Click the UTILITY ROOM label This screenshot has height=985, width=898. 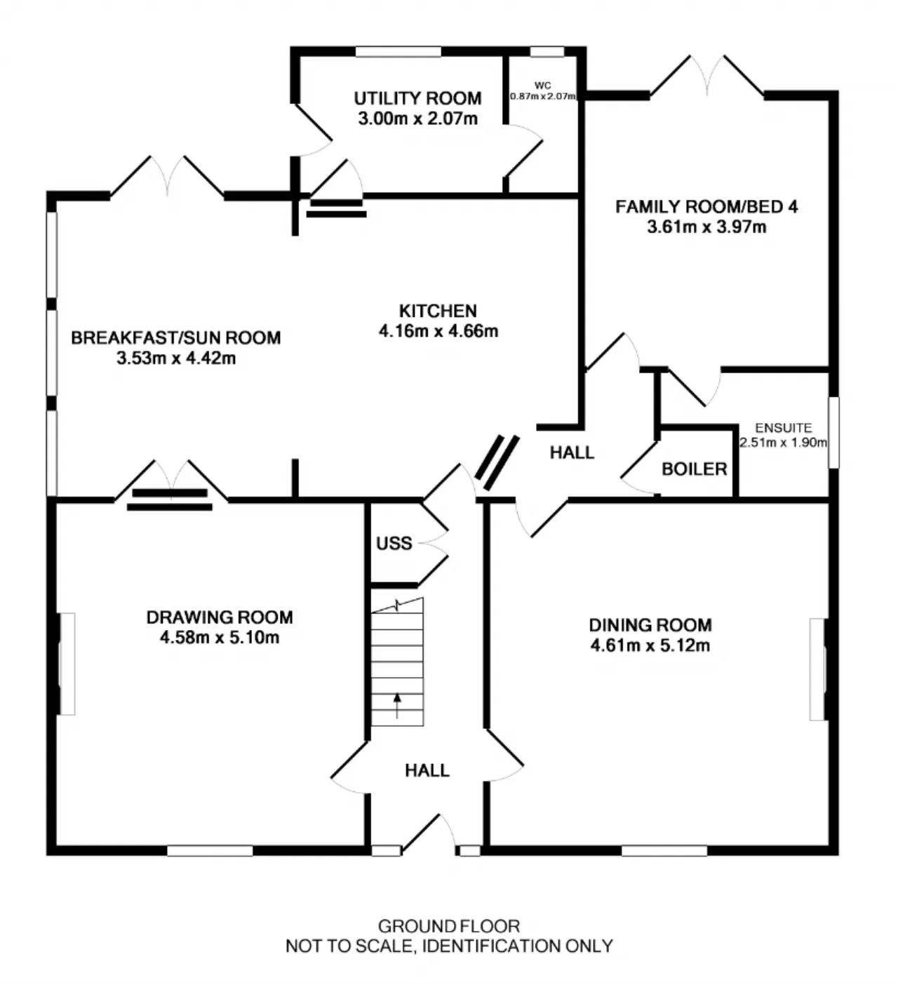click(417, 99)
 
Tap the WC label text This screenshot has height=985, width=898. click(542, 86)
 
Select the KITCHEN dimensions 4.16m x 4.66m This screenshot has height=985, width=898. click(438, 331)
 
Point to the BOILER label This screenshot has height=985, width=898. click(694, 469)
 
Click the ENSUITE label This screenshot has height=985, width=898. click(783, 428)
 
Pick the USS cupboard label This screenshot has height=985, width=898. click(394, 543)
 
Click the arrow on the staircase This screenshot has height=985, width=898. click(397, 706)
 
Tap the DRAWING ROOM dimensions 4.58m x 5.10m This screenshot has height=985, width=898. click(220, 638)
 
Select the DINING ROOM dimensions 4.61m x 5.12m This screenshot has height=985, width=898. click(650, 645)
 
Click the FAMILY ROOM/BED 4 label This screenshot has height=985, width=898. click(706, 207)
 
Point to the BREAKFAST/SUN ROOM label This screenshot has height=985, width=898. click(176, 338)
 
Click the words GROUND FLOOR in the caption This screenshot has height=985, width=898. click(449, 926)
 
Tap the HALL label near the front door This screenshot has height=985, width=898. click(427, 770)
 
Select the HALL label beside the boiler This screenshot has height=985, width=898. click(572, 453)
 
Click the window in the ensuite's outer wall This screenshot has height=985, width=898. click(833, 432)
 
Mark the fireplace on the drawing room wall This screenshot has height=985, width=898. click(67, 664)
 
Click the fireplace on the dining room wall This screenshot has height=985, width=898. click(818, 669)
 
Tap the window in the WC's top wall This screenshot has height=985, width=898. click(547, 52)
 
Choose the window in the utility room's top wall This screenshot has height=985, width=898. click(398, 52)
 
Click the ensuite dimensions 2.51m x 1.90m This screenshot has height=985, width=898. click(783, 443)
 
